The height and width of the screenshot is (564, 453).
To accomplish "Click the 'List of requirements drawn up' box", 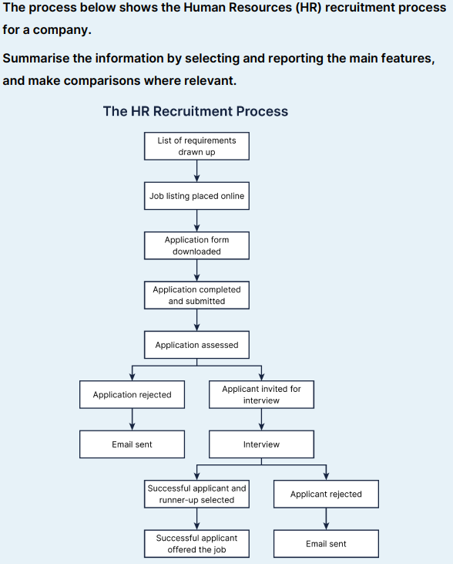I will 196,146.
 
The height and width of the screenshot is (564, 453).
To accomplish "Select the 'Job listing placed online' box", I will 196,196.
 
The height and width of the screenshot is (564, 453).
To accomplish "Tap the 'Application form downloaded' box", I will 196,245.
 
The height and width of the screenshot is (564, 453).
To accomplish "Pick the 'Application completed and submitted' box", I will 196,295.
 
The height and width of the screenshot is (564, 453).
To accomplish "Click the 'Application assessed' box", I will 196,345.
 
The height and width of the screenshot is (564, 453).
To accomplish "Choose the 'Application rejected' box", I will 132,394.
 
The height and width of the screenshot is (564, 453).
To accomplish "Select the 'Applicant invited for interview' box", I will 261,394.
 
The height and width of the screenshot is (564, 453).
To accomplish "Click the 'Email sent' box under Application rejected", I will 132,444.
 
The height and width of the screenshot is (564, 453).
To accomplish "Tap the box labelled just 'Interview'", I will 261,444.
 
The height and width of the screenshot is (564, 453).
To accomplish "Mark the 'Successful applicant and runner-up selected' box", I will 196,494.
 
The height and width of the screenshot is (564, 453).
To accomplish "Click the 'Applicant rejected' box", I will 326,494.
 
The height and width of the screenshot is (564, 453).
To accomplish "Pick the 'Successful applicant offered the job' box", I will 196,543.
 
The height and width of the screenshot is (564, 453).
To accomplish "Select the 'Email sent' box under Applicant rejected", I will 326,543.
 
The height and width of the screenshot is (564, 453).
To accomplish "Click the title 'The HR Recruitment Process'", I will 196,111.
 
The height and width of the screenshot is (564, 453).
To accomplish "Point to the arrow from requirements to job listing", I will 196,171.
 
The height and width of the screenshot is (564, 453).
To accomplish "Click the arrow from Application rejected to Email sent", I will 132,419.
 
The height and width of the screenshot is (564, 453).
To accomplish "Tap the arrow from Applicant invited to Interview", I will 261,419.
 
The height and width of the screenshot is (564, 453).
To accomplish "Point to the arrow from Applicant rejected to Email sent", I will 326,518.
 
